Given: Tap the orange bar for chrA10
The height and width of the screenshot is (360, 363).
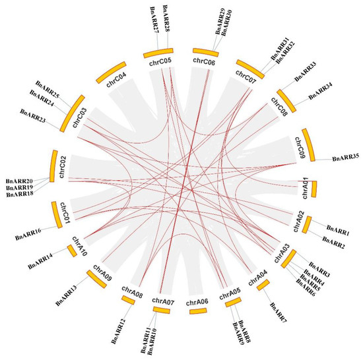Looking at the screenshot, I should pyautogui.click(x=71, y=251).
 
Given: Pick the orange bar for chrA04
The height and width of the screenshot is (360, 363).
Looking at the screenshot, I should pyautogui.click(x=263, y=284).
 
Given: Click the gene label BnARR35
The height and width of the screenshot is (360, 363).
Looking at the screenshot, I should pyautogui.click(x=345, y=159).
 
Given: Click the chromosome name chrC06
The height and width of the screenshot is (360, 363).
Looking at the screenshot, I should pyautogui.click(x=203, y=61).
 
